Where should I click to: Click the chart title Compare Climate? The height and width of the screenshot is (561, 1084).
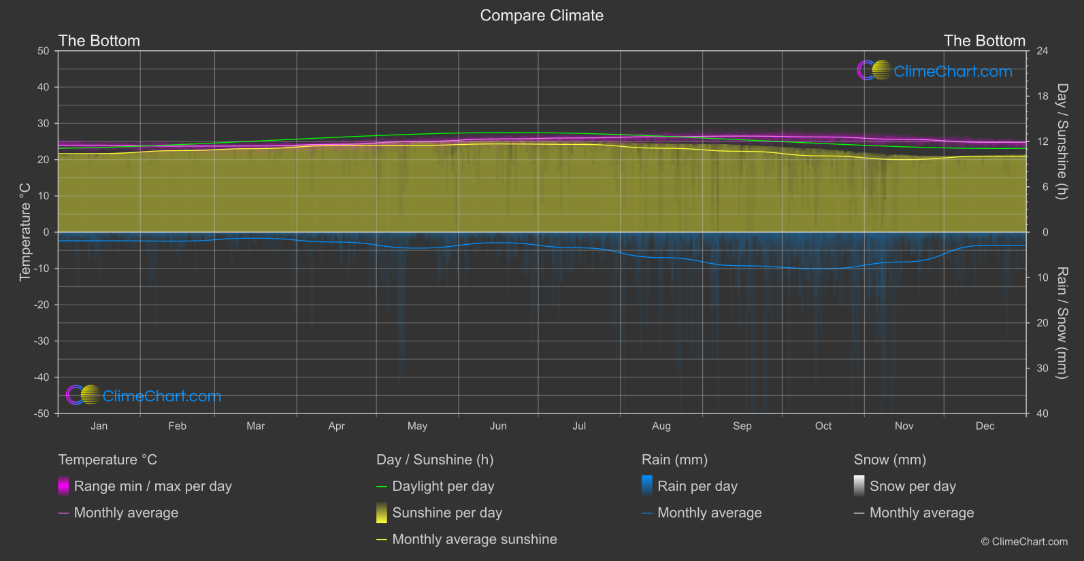point(542,16)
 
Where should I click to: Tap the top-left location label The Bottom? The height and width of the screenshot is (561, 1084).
point(99,41)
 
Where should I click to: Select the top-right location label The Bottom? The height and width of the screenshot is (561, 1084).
point(984,41)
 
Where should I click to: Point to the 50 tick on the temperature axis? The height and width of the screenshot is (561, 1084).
point(44,51)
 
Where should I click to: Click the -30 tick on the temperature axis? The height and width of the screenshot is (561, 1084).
point(42,341)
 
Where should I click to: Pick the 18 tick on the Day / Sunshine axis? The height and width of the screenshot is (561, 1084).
point(1042,97)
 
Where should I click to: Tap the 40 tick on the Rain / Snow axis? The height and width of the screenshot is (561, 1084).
point(1042,413)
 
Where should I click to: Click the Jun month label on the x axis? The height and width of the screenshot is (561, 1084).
point(498,426)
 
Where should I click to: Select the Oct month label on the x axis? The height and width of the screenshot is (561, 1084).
point(823,426)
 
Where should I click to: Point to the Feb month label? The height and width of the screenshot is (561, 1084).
point(177,426)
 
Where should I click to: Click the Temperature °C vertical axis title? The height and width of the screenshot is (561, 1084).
point(25,232)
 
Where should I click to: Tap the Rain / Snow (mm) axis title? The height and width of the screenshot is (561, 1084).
point(1062,322)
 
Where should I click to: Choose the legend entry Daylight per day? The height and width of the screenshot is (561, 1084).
point(443,486)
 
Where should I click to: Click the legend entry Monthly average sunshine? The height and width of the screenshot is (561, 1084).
point(474,539)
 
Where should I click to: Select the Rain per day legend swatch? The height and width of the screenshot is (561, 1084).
point(647,486)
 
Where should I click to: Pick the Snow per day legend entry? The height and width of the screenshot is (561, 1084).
point(913,486)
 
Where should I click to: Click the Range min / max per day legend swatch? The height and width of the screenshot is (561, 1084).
point(63,486)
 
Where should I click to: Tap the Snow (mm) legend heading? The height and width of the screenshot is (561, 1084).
point(889,460)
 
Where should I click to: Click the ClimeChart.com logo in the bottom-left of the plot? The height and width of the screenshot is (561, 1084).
point(144,396)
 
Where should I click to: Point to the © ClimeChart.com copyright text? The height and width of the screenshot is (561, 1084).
point(1024,542)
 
